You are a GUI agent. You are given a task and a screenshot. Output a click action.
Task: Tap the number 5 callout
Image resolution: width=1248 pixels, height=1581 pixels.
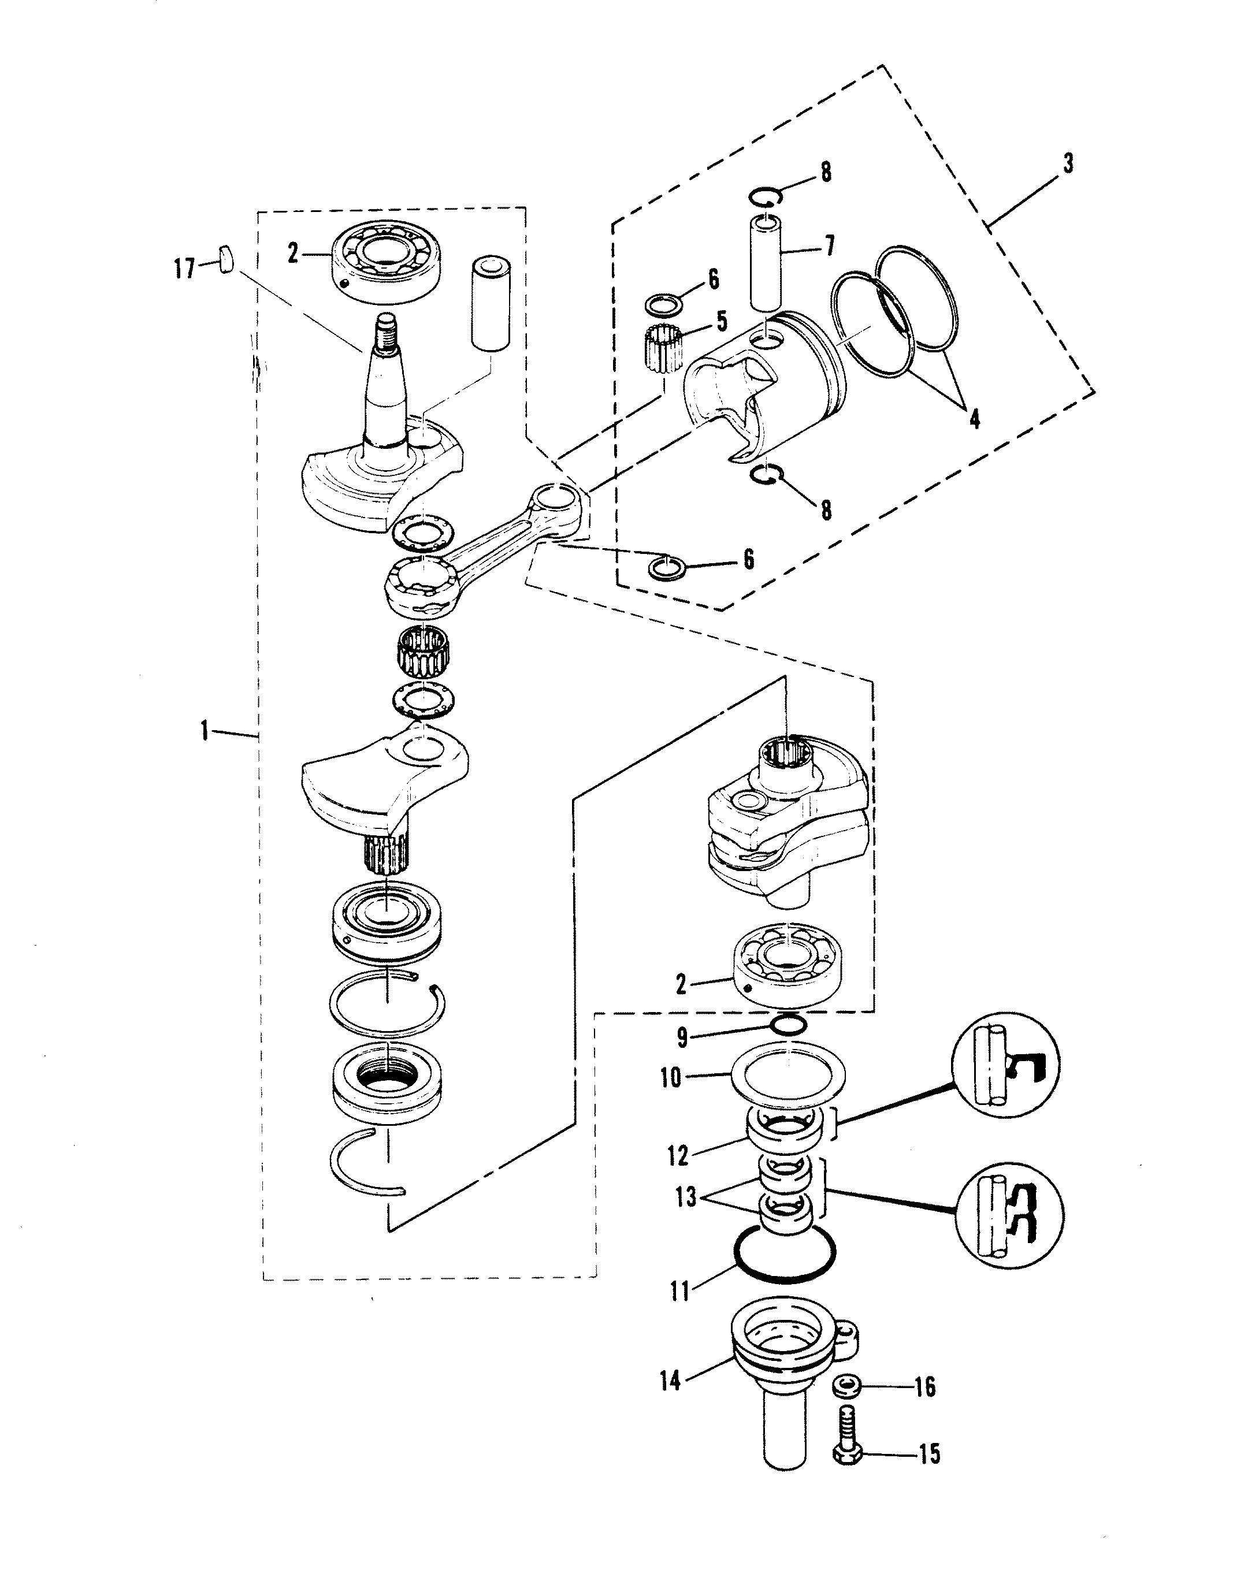pyautogui.click(x=721, y=322)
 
